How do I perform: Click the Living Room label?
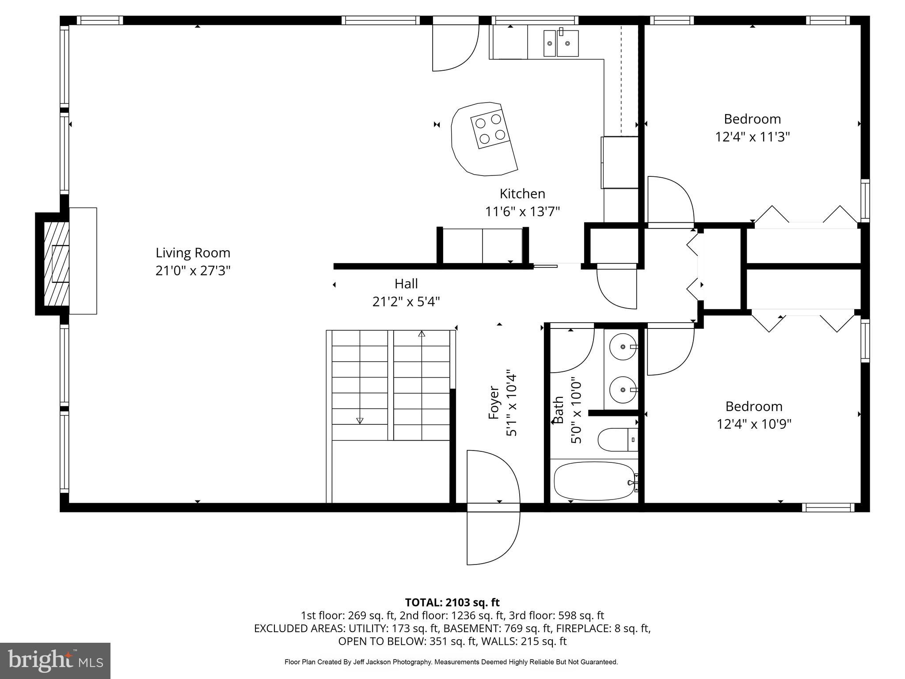[x=193, y=253]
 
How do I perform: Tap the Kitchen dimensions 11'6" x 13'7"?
[x=522, y=212]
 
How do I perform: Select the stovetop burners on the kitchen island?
[x=490, y=129]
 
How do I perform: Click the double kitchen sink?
[x=561, y=43]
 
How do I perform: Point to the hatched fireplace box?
[x=57, y=264]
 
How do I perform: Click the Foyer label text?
[x=494, y=403]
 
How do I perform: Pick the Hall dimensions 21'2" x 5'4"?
[x=406, y=302]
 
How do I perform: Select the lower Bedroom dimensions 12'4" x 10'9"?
[x=753, y=424]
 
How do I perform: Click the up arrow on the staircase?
[x=422, y=334]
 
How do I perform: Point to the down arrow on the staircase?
[x=360, y=420]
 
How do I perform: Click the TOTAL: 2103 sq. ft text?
[x=452, y=602]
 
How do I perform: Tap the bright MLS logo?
[x=55, y=660]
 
